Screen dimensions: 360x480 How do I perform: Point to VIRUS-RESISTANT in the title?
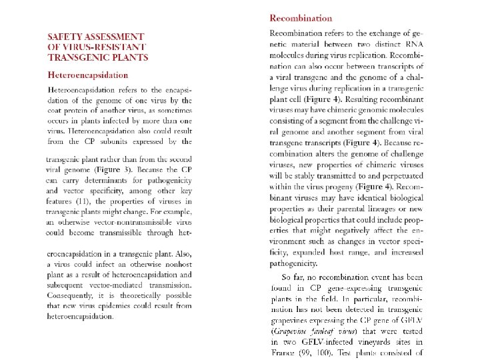[107, 47]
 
